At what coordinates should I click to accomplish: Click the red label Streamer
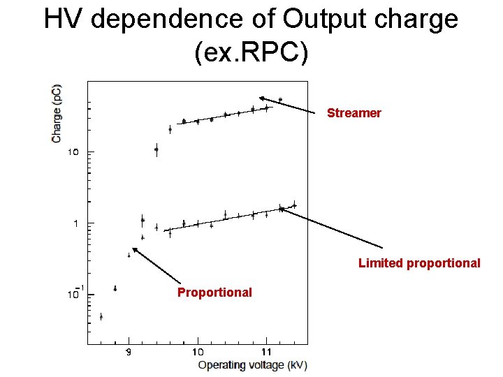click(354, 113)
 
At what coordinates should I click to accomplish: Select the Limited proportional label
click(419, 263)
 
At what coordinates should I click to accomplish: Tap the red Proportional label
click(214, 292)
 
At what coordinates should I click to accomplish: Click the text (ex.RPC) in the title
click(251, 52)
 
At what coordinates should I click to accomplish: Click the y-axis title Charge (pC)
click(56, 113)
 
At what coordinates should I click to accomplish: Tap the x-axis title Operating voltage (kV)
click(252, 364)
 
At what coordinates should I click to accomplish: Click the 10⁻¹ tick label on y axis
click(75, 294)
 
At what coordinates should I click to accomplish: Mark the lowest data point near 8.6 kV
click(101, 316)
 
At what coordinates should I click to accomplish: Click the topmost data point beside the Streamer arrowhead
click(280, 100)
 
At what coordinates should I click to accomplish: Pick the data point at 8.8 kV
click(115, 288)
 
